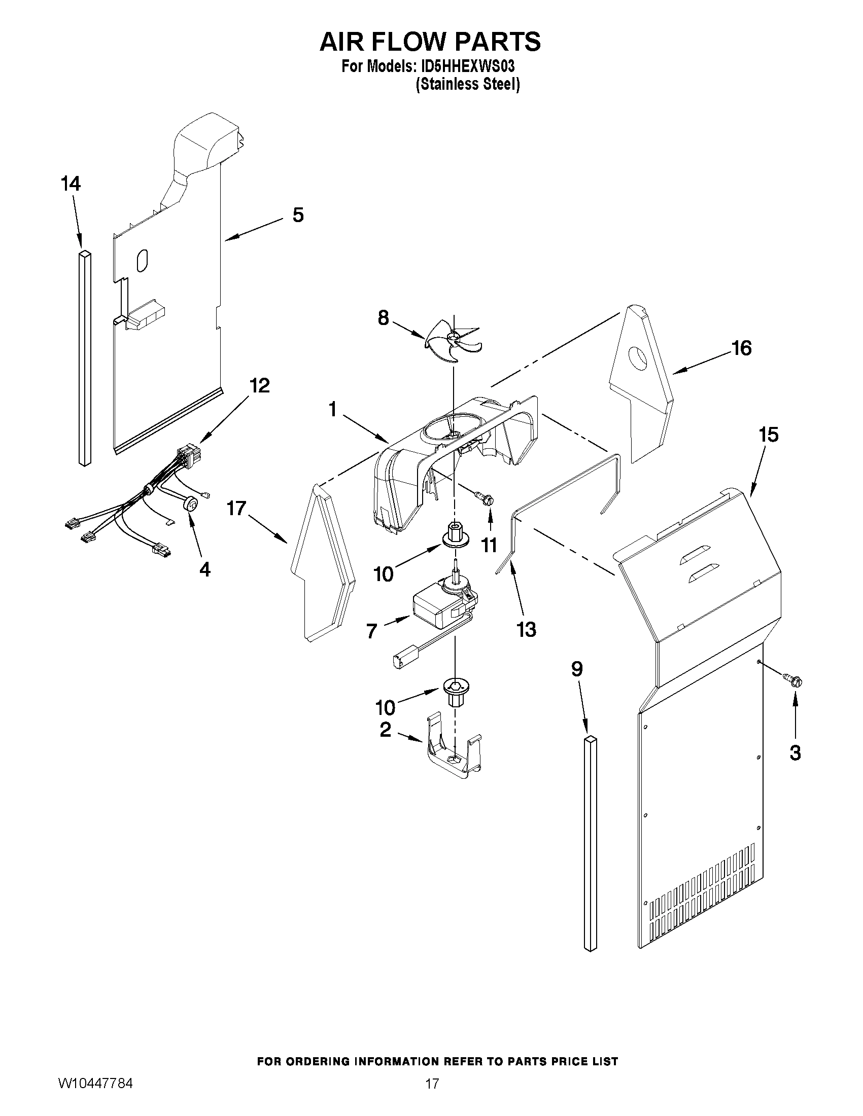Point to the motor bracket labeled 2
(x=453, y=755)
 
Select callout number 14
(x=71, y=184)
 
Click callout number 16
(x=741, y=348)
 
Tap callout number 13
(x=526, y=630)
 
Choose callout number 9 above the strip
(x=577, y=669)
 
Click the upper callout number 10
(x=384, y=574)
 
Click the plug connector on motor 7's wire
(x=402, y=659)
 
